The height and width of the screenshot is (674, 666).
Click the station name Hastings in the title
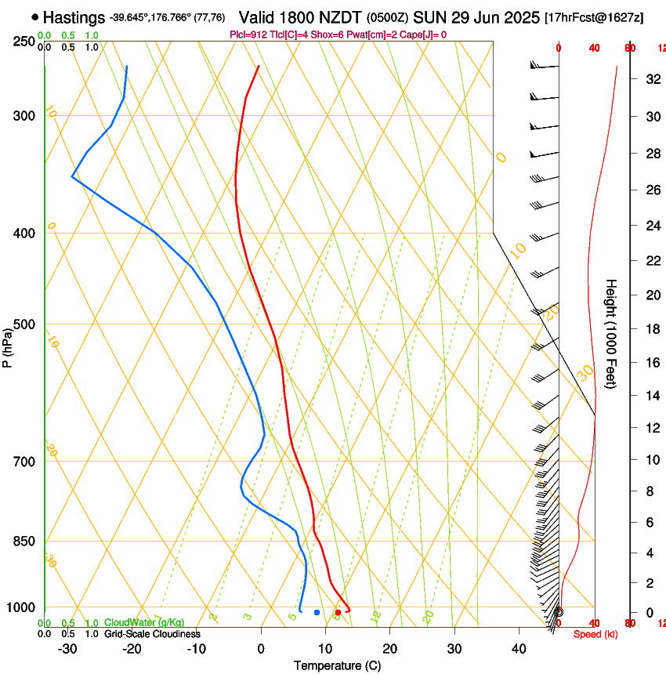[74, 16]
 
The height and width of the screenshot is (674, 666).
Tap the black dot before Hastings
[35, 16]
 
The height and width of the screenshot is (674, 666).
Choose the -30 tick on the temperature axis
[67, 649]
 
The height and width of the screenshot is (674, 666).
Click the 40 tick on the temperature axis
[519, 649]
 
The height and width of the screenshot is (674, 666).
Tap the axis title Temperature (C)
[337, 665]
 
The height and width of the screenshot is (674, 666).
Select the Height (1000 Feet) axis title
[611, 333]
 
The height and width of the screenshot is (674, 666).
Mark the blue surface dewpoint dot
[317, 612]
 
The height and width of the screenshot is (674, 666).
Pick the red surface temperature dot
[338, 612]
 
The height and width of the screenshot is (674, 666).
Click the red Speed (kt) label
[595, 634]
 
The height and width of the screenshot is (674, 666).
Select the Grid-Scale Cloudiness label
[152, 633]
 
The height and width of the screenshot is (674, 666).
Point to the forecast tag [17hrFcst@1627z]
[594, 17]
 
